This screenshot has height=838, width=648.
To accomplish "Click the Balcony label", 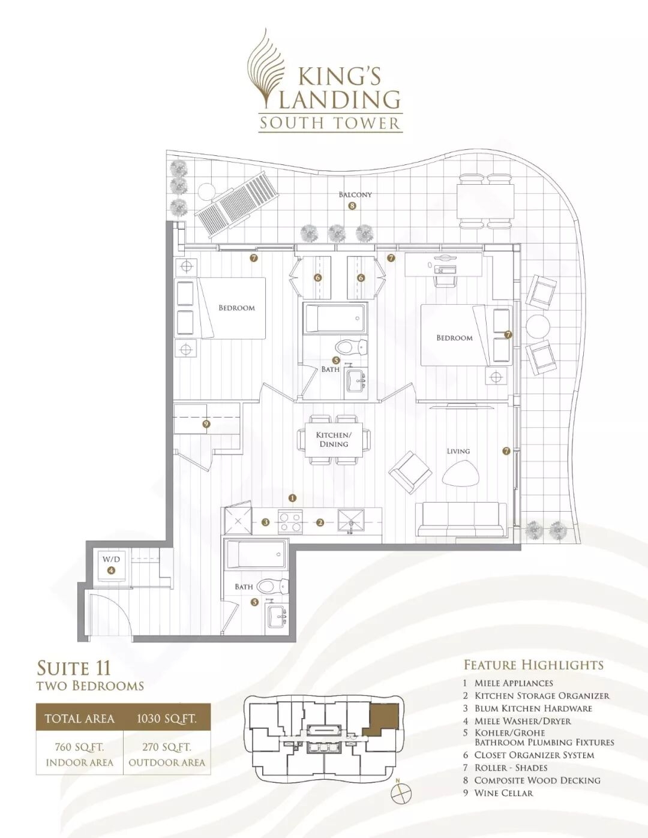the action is pyautogui.click(x=355, y=194).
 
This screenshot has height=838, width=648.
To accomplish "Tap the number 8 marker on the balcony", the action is pyautogui.click(x=352, y=206).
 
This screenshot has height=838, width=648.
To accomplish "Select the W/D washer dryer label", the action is pyautogui.click(x=111, y=559).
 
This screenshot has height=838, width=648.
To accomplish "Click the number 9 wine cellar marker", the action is pyautogui.click(x=206, y=424).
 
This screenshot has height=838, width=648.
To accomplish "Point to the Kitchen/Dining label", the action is pyautogui.click(x=334, y=439).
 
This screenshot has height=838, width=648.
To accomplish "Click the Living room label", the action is pyautogui.click(x=458, y=451).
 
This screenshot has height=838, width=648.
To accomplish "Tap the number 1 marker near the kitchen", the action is pyautogui.click(x=293, y=498).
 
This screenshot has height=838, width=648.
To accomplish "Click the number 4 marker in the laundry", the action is pyautogui.click(x=111, y=570).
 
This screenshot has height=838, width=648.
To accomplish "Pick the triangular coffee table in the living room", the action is pyautogui.click(x=461, y=473).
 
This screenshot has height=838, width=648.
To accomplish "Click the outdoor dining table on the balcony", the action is pyautogui.click(x=485, y=202).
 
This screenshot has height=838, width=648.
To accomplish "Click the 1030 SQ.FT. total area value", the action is pyautogui.click(x=167, y=719).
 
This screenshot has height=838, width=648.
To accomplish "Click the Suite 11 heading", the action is pyautogui.click(x=74, y=668).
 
